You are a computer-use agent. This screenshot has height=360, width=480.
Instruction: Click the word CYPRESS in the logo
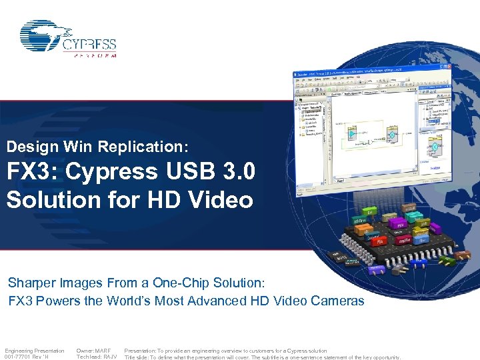[89, 45]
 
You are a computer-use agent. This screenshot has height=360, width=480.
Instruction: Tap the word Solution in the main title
[47, 199]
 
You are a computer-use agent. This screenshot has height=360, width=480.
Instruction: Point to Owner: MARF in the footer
[93, 350]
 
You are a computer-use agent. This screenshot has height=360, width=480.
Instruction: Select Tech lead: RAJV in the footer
[97, 357]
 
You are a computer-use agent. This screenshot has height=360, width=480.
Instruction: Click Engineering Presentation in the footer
[34, 350]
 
